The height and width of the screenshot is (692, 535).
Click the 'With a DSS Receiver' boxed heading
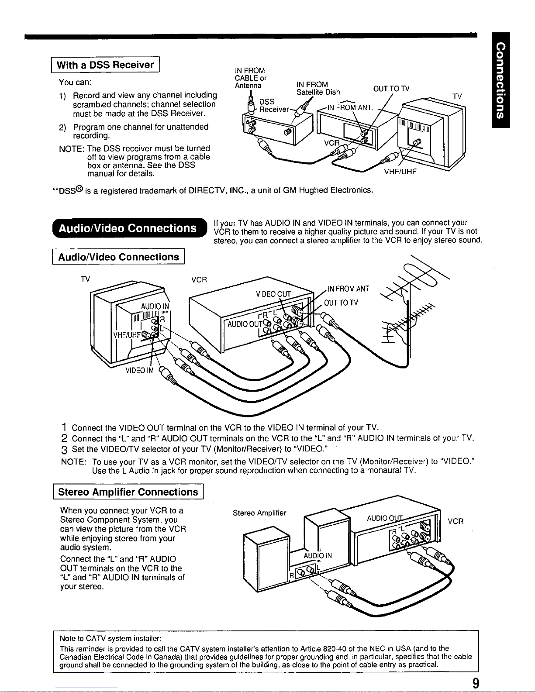coord(105,65)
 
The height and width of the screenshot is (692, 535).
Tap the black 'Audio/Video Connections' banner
coord(130,228)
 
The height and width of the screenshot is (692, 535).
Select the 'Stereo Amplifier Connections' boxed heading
coord(128,492)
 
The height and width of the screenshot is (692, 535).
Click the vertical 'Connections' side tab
coord(500,80)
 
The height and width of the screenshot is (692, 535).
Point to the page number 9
coord(476,683)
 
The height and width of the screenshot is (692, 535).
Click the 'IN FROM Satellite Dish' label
coord(318,88)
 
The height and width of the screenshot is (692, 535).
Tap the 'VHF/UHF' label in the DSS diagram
coord(400,172)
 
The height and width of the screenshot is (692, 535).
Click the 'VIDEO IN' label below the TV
coord(139,370)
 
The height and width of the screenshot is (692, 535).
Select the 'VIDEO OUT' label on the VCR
coord(273,294)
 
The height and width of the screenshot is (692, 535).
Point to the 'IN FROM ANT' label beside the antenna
coord(348,289)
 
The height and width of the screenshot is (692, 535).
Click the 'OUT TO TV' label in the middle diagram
coord(341,303)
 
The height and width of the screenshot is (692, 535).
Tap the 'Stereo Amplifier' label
coord(259,513)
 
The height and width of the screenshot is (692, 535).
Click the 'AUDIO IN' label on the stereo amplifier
coord(318,556)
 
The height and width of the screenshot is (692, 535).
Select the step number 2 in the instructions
coord(64,438)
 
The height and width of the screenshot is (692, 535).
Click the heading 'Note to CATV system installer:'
coord(110,638)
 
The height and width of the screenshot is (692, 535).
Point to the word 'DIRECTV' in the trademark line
coord(207,190)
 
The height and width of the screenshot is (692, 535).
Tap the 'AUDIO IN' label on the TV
coord(155,306)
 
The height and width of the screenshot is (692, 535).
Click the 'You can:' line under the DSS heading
coord(75,82)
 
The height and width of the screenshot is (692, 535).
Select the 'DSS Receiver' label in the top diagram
coord(274,105)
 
